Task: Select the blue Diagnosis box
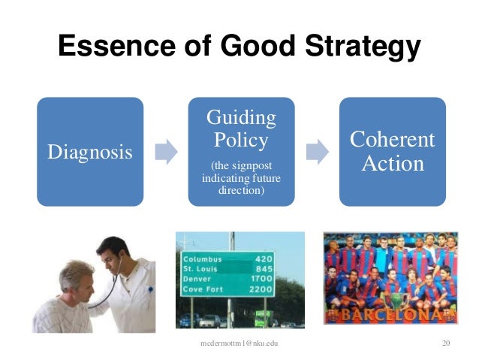(90, 152)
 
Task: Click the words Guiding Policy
(241, 129)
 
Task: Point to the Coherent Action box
(392, 152)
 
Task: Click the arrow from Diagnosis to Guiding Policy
(165, 152)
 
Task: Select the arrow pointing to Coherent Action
(317, 152)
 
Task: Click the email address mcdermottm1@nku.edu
(240, 343)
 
